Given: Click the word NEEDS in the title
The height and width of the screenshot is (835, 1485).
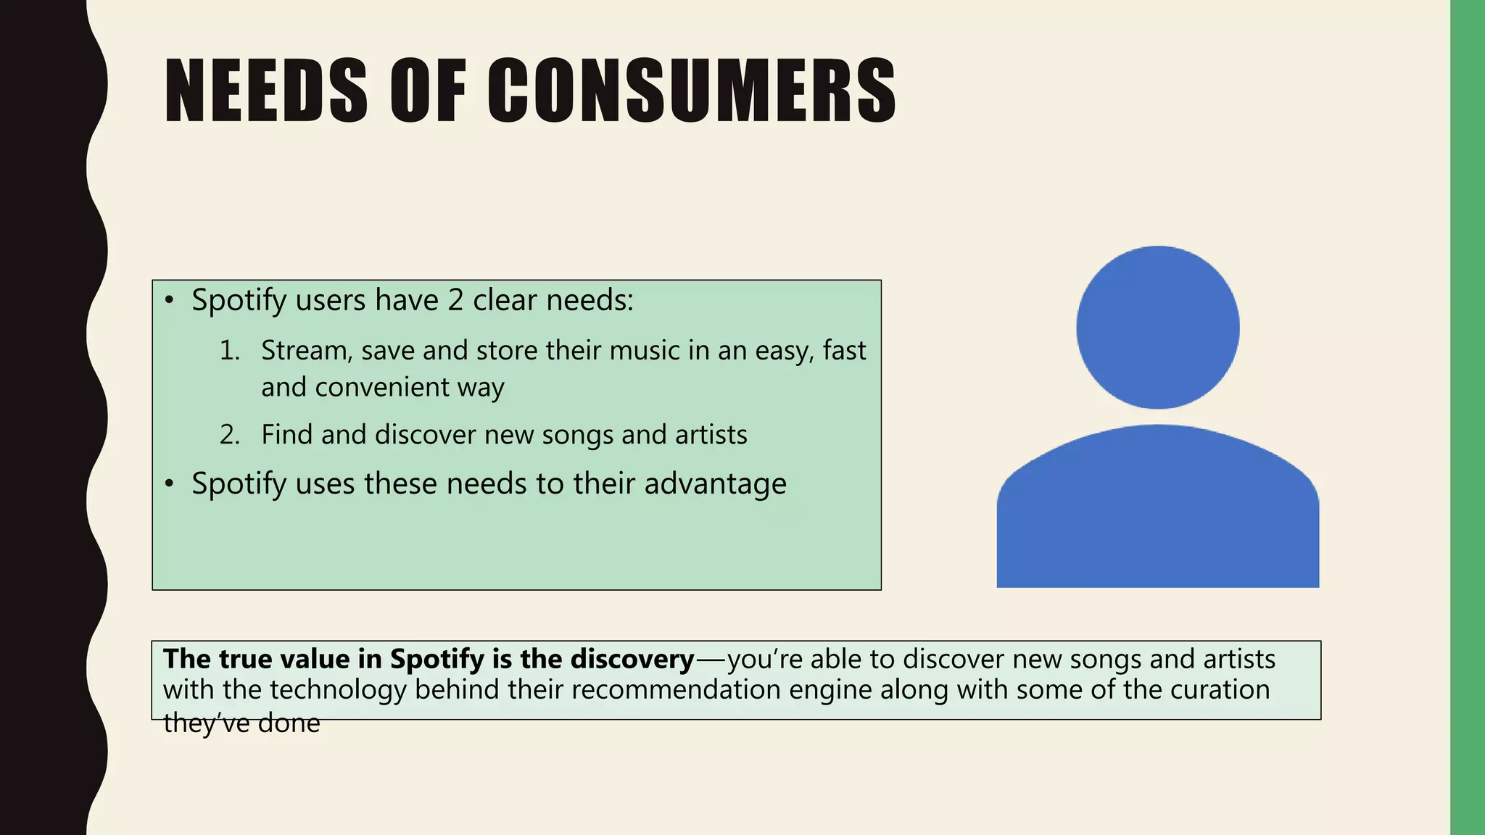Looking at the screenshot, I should click(x=265, y=91).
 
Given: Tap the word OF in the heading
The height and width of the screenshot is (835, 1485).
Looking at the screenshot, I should click(x=428, y=91).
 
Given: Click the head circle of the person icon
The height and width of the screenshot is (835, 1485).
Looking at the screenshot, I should click(x=1157, y=328).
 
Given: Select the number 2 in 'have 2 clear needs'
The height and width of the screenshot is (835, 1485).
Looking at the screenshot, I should click(x=455, y=300).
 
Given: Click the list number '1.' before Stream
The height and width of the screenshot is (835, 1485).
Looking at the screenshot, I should click(x=230, y=351).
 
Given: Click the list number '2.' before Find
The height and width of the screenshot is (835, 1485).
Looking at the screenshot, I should click(x=230, y=435).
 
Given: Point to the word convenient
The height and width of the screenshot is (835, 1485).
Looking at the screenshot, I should click(x=382, y=388).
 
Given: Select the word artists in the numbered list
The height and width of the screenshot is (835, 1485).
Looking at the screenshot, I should click(x=711, y=435).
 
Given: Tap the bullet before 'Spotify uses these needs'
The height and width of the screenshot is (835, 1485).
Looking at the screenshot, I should click(x=169, y=483).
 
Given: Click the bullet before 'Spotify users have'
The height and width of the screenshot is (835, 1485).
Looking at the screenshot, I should click(x=169, y=300).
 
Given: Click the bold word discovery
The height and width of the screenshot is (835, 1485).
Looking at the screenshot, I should click(x=632, y=659).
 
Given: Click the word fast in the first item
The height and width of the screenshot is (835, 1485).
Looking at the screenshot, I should click(x=844, y=351).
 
